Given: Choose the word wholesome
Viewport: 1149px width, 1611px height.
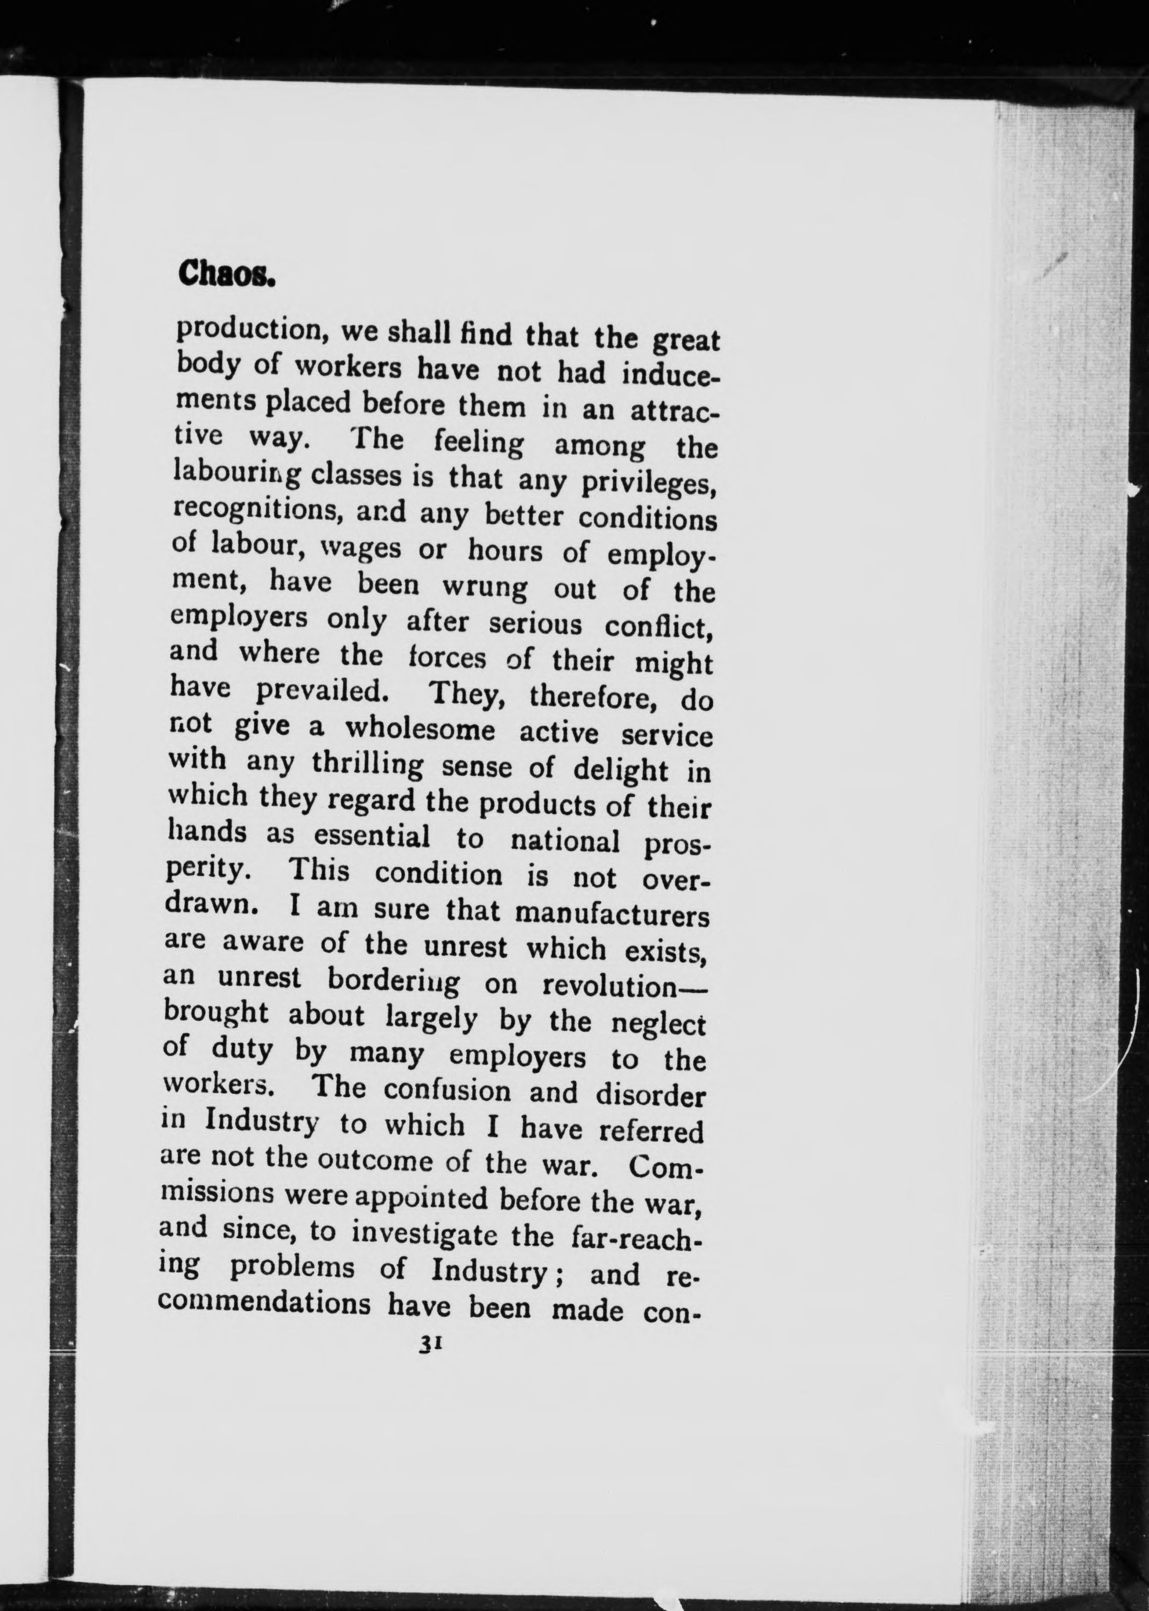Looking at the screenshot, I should (x=420, y=728).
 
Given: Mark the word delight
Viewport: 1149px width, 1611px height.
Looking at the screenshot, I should (x=620, y=770).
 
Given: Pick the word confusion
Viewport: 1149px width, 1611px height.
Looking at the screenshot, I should (x=447, y=1091).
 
